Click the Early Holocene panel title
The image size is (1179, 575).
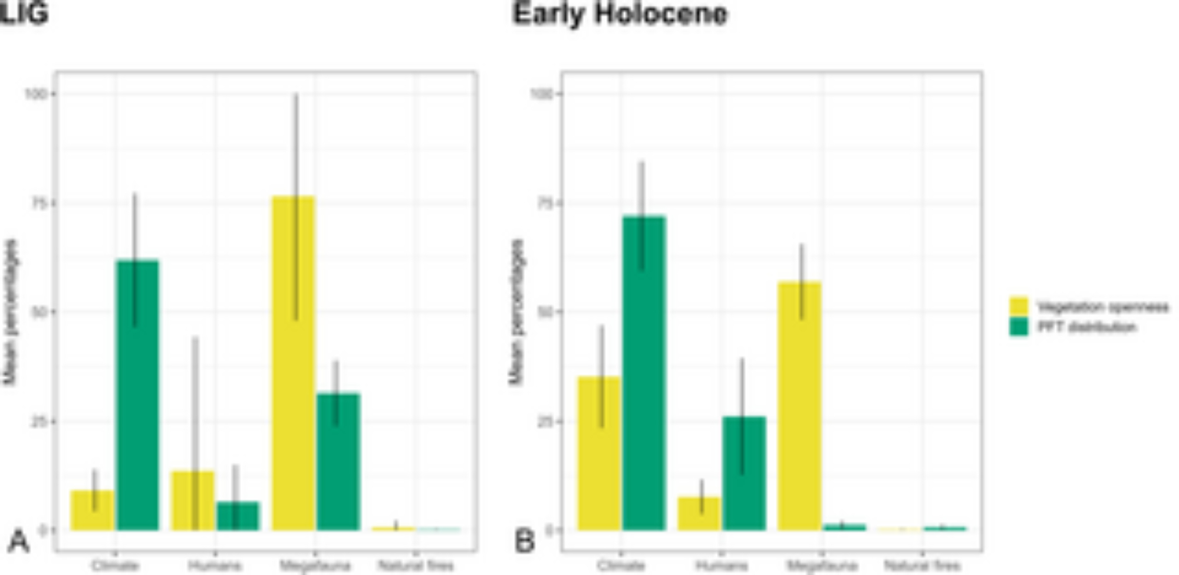pos(620,14)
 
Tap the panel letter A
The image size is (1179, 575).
pos(18,541)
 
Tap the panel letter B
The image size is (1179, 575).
pos(524,541)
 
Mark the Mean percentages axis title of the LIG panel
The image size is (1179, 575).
pos(10,312)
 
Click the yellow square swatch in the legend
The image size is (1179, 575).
pos(1019,307)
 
